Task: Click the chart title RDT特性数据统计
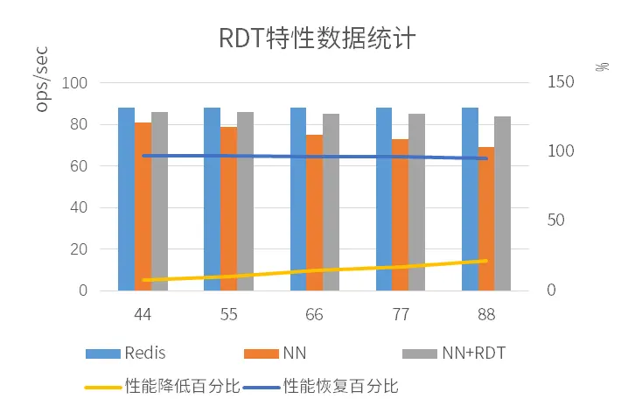(x=317, y=39)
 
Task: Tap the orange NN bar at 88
(x=486, y=219)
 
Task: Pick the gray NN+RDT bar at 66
(x=331, y=202)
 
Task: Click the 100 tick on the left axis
(x=77, y=83)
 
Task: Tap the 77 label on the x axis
(x=401, y=313)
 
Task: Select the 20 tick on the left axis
(x=80, y=249)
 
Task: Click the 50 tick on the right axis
(x=556, y=220)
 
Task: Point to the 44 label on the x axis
(x=143, y=313)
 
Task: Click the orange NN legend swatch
(x=261, y=353)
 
